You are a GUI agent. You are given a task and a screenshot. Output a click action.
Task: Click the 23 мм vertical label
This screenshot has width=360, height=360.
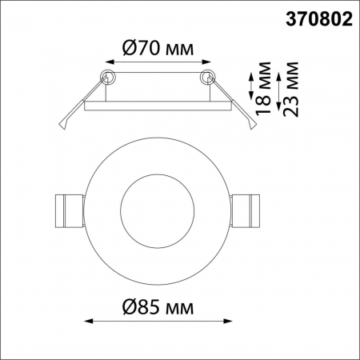(x=291, y=88)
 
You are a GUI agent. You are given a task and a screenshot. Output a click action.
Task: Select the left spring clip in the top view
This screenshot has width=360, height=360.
(x=67, y=211)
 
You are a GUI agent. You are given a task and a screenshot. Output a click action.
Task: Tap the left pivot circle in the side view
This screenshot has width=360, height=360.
(x=107, y=78)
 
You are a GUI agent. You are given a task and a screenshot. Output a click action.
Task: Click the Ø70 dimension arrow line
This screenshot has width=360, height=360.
(x=157, y=63)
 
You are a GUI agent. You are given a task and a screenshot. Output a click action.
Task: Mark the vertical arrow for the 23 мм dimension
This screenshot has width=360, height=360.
(x=278, y=89)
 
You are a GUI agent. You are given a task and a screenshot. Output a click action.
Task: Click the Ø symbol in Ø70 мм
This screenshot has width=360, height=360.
(x=130, y=48)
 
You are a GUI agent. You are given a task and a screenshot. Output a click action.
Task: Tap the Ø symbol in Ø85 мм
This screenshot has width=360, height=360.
(x=132, y=307)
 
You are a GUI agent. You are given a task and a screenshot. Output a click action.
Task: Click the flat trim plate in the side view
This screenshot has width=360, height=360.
(x=157, y=102)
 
